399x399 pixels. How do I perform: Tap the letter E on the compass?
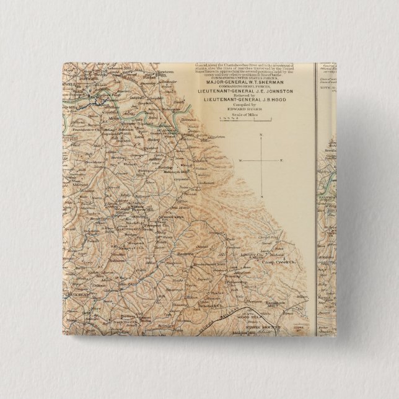coord(281,160)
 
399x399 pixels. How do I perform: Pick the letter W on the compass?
coord(239,160)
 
